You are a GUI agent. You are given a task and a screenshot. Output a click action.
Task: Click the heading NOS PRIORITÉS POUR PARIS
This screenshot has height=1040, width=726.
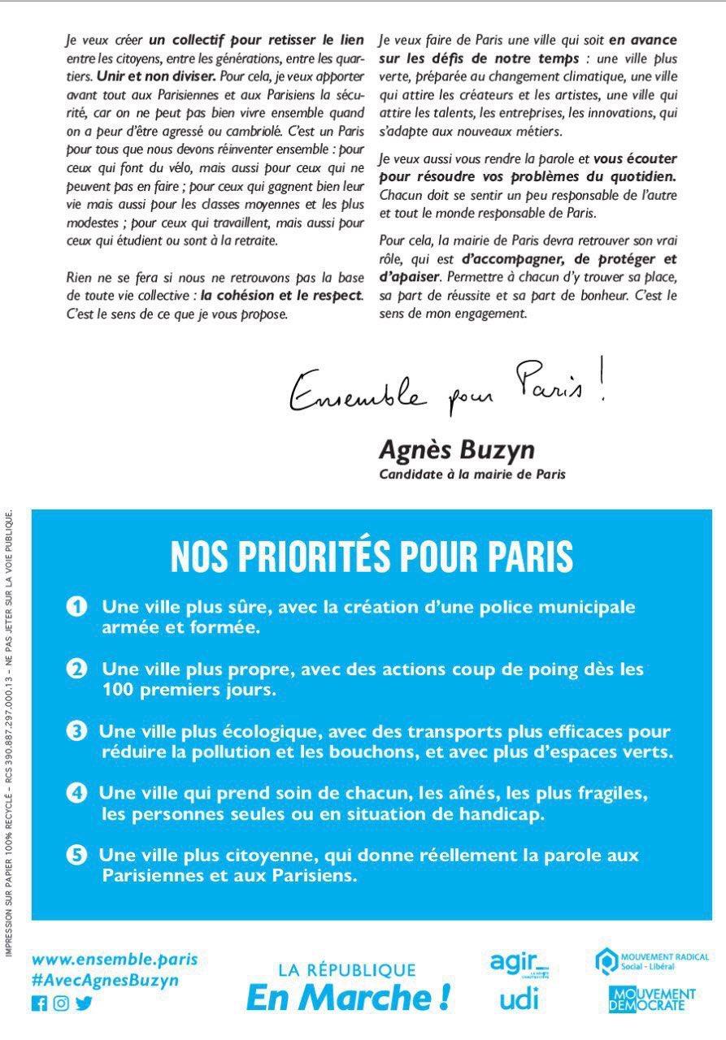[372, 557]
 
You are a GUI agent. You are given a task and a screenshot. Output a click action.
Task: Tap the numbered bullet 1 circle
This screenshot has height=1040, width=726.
[77, 607]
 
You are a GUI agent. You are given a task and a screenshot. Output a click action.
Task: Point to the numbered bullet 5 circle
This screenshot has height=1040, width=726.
[76, 855]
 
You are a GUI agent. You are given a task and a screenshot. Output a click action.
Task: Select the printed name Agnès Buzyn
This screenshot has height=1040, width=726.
[456, 449]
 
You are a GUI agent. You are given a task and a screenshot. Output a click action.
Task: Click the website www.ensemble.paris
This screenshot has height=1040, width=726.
[114, 959]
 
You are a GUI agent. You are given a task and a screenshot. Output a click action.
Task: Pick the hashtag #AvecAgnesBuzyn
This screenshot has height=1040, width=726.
[105, 980]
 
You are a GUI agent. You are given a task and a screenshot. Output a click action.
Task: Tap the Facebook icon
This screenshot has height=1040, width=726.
[39, 1003]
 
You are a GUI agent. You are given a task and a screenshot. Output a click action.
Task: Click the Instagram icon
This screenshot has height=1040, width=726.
[61, 1003]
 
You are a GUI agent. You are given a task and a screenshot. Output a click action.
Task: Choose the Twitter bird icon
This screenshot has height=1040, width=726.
[84, 1003]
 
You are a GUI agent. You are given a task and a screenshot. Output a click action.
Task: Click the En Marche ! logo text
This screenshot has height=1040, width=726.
[348, 998]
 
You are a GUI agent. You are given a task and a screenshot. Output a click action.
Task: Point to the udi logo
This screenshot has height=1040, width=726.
[519, 999]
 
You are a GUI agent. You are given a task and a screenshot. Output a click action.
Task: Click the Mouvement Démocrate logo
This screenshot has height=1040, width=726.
[652, 999]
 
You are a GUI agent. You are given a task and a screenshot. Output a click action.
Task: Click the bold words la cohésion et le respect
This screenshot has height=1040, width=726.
[281, 295]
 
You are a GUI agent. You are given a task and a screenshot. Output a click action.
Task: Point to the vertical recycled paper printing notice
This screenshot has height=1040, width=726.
[10, 731]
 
